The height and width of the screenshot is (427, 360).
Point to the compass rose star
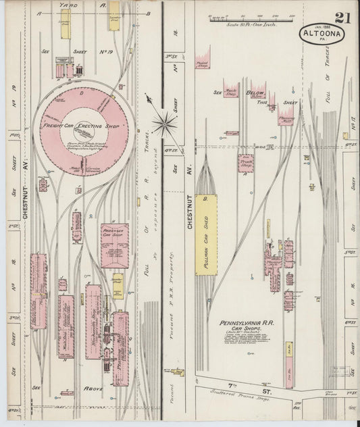(x=163, y=122)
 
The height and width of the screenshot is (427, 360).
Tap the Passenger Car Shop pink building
(x=114, y=245)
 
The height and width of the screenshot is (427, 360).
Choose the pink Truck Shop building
(x=245, y=164)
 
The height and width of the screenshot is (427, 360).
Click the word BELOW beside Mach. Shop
(x=255, y=93)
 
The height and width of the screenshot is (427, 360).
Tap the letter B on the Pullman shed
(x=205, y=200)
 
